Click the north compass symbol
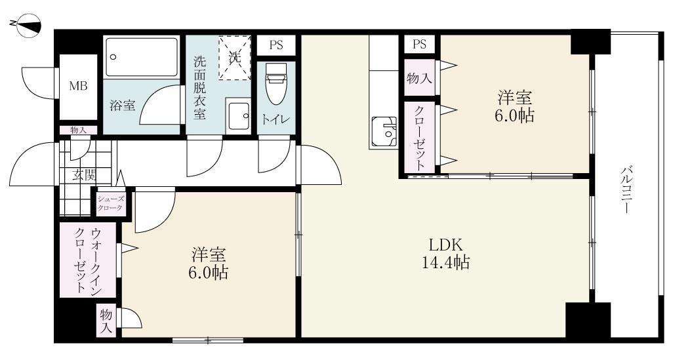point(26,26)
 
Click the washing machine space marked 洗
point(235,58)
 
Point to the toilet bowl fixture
point(275,85)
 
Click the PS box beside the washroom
point(276,45)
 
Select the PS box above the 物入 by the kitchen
point(420,45)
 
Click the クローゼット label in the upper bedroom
point(420,137)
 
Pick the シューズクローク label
point(110,203)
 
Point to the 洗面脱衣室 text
point(199,88)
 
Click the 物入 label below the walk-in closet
point(106,321)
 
